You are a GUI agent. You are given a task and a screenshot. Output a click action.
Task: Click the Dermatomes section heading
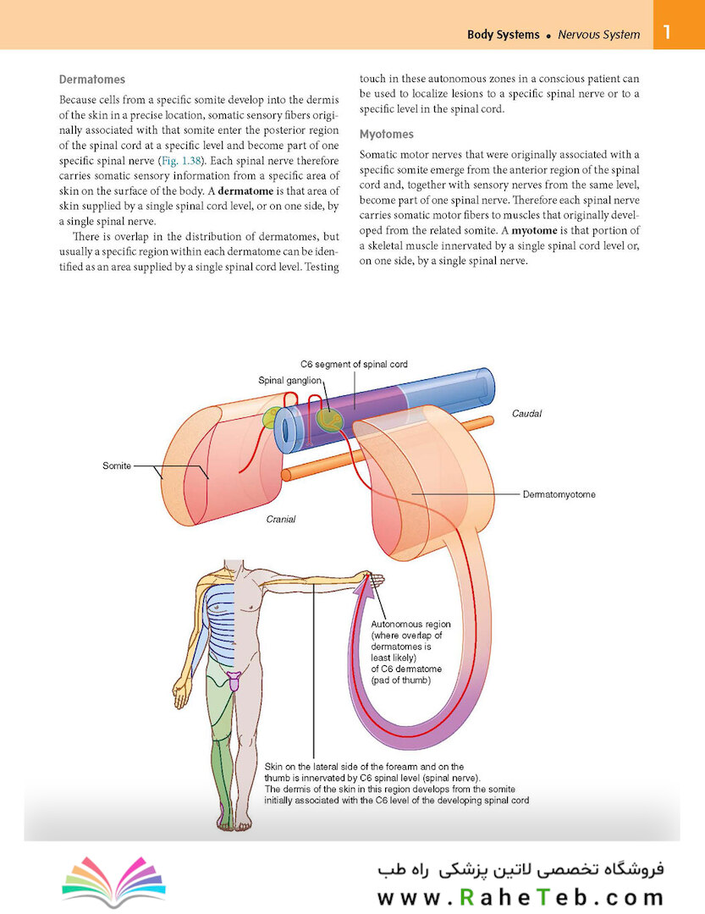92,80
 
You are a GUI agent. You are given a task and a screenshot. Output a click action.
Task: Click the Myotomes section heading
387,134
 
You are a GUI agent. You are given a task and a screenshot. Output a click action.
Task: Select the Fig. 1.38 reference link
181,161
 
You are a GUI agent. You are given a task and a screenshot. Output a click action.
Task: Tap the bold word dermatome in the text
245,191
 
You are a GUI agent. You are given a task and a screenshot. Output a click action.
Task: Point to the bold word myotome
534,230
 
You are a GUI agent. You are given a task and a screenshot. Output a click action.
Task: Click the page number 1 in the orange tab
667,31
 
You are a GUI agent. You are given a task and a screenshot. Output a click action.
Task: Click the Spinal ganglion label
289,381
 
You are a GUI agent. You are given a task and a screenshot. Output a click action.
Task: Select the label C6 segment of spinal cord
354,364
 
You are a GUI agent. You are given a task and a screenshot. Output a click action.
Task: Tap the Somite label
117,465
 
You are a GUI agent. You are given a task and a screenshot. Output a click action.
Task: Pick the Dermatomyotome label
559,494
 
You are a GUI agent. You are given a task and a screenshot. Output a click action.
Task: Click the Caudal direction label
526,413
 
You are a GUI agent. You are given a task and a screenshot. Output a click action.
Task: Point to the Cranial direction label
280,520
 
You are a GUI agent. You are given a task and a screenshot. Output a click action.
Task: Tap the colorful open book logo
113,880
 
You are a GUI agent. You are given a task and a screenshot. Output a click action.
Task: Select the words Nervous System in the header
599,35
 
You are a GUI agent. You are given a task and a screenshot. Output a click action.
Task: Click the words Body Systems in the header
504,35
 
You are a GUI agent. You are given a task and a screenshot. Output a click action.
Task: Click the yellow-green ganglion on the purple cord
329,419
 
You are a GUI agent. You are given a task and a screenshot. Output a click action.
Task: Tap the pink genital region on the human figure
234,680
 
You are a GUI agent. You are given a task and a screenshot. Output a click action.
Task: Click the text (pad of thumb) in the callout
401,680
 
